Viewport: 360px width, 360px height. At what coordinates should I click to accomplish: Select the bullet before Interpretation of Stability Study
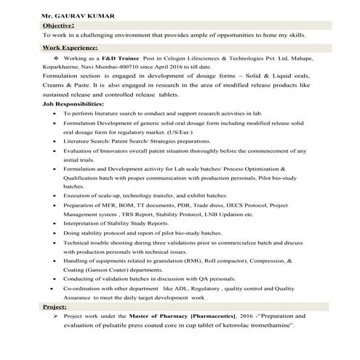click(x=55, y=223)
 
